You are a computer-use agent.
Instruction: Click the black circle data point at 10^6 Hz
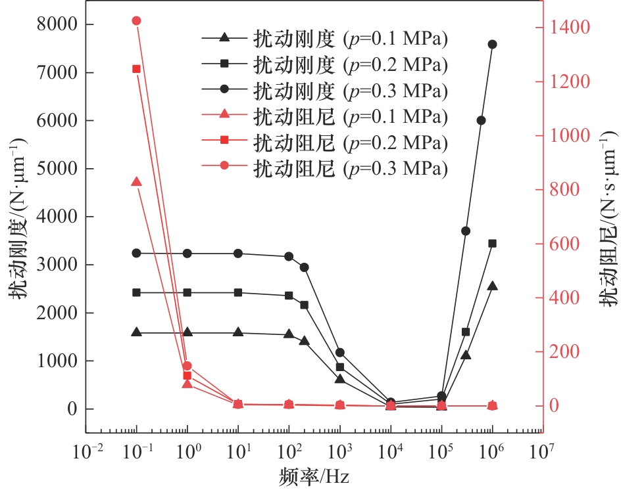(492, 44)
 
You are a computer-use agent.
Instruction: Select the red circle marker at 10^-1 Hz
(137, 21)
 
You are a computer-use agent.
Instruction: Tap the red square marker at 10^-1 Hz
(137, 69)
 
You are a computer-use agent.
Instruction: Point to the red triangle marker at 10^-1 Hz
(137, 181)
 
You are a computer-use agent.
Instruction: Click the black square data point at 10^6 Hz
(492, 243)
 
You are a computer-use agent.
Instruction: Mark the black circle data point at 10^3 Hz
(340, 353)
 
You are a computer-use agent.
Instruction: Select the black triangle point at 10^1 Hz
(238, 332)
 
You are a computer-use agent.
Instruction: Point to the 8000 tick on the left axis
(59, 24)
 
